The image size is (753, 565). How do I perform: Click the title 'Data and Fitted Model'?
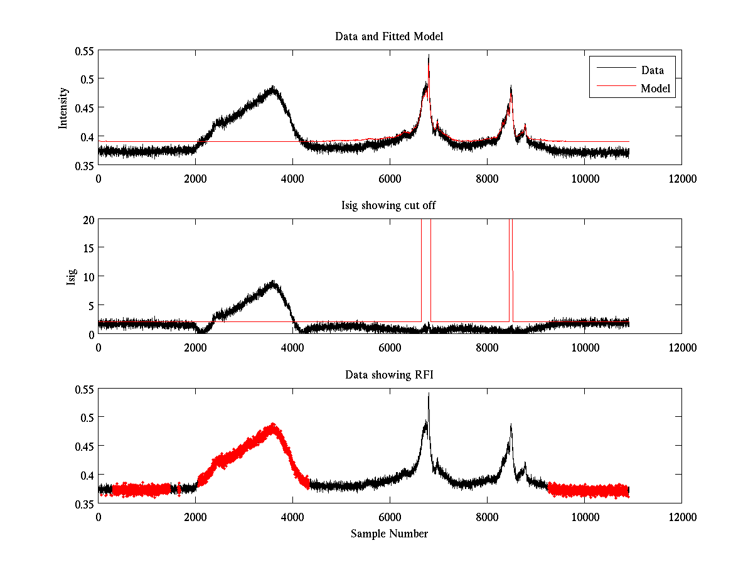pos(389,36)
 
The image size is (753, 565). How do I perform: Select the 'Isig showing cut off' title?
pos(389,206)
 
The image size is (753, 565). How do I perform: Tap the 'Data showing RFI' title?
pos(389,375)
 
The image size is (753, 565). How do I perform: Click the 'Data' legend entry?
pos(652,70)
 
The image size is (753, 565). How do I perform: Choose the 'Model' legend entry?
pos(656,89)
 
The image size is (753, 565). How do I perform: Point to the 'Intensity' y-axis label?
pos(63,107)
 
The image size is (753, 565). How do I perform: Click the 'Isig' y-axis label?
pos(71,277)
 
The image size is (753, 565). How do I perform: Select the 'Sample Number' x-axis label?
pos(389,534)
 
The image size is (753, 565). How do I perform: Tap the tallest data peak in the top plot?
pos(429,56)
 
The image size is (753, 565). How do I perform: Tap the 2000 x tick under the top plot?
pos(195,178)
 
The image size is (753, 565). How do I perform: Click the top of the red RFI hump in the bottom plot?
pos(273,425)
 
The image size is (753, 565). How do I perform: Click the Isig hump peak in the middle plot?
pos(273,282)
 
